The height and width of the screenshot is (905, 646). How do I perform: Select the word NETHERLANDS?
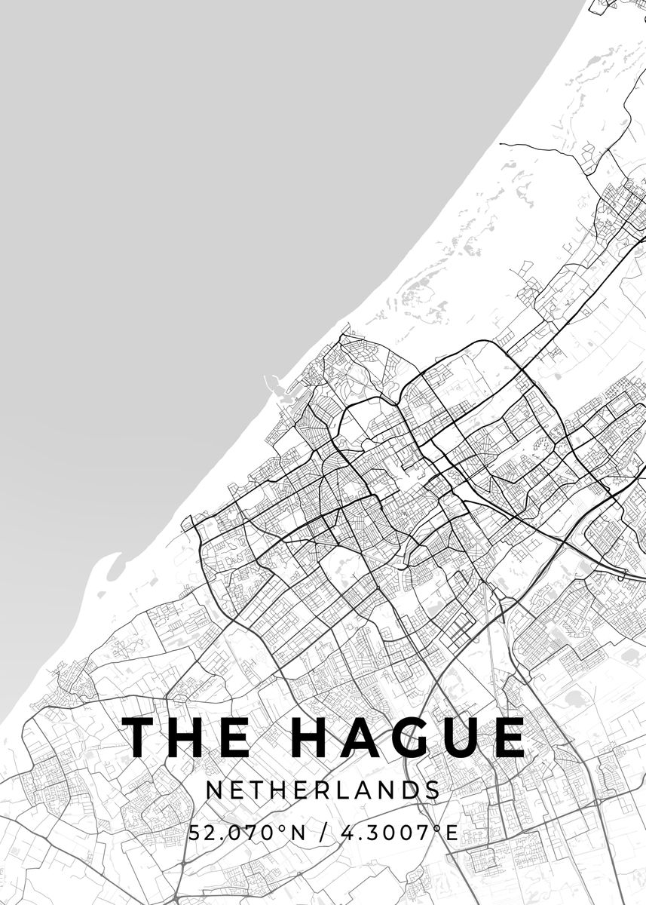point(323,790)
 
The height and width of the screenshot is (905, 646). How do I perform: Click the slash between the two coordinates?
point(326,833)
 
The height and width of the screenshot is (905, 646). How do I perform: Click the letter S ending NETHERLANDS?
point(433,790)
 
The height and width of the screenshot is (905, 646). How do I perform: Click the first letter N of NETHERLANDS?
point(213,790)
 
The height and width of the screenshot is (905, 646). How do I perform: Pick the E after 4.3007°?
point(452,833)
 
